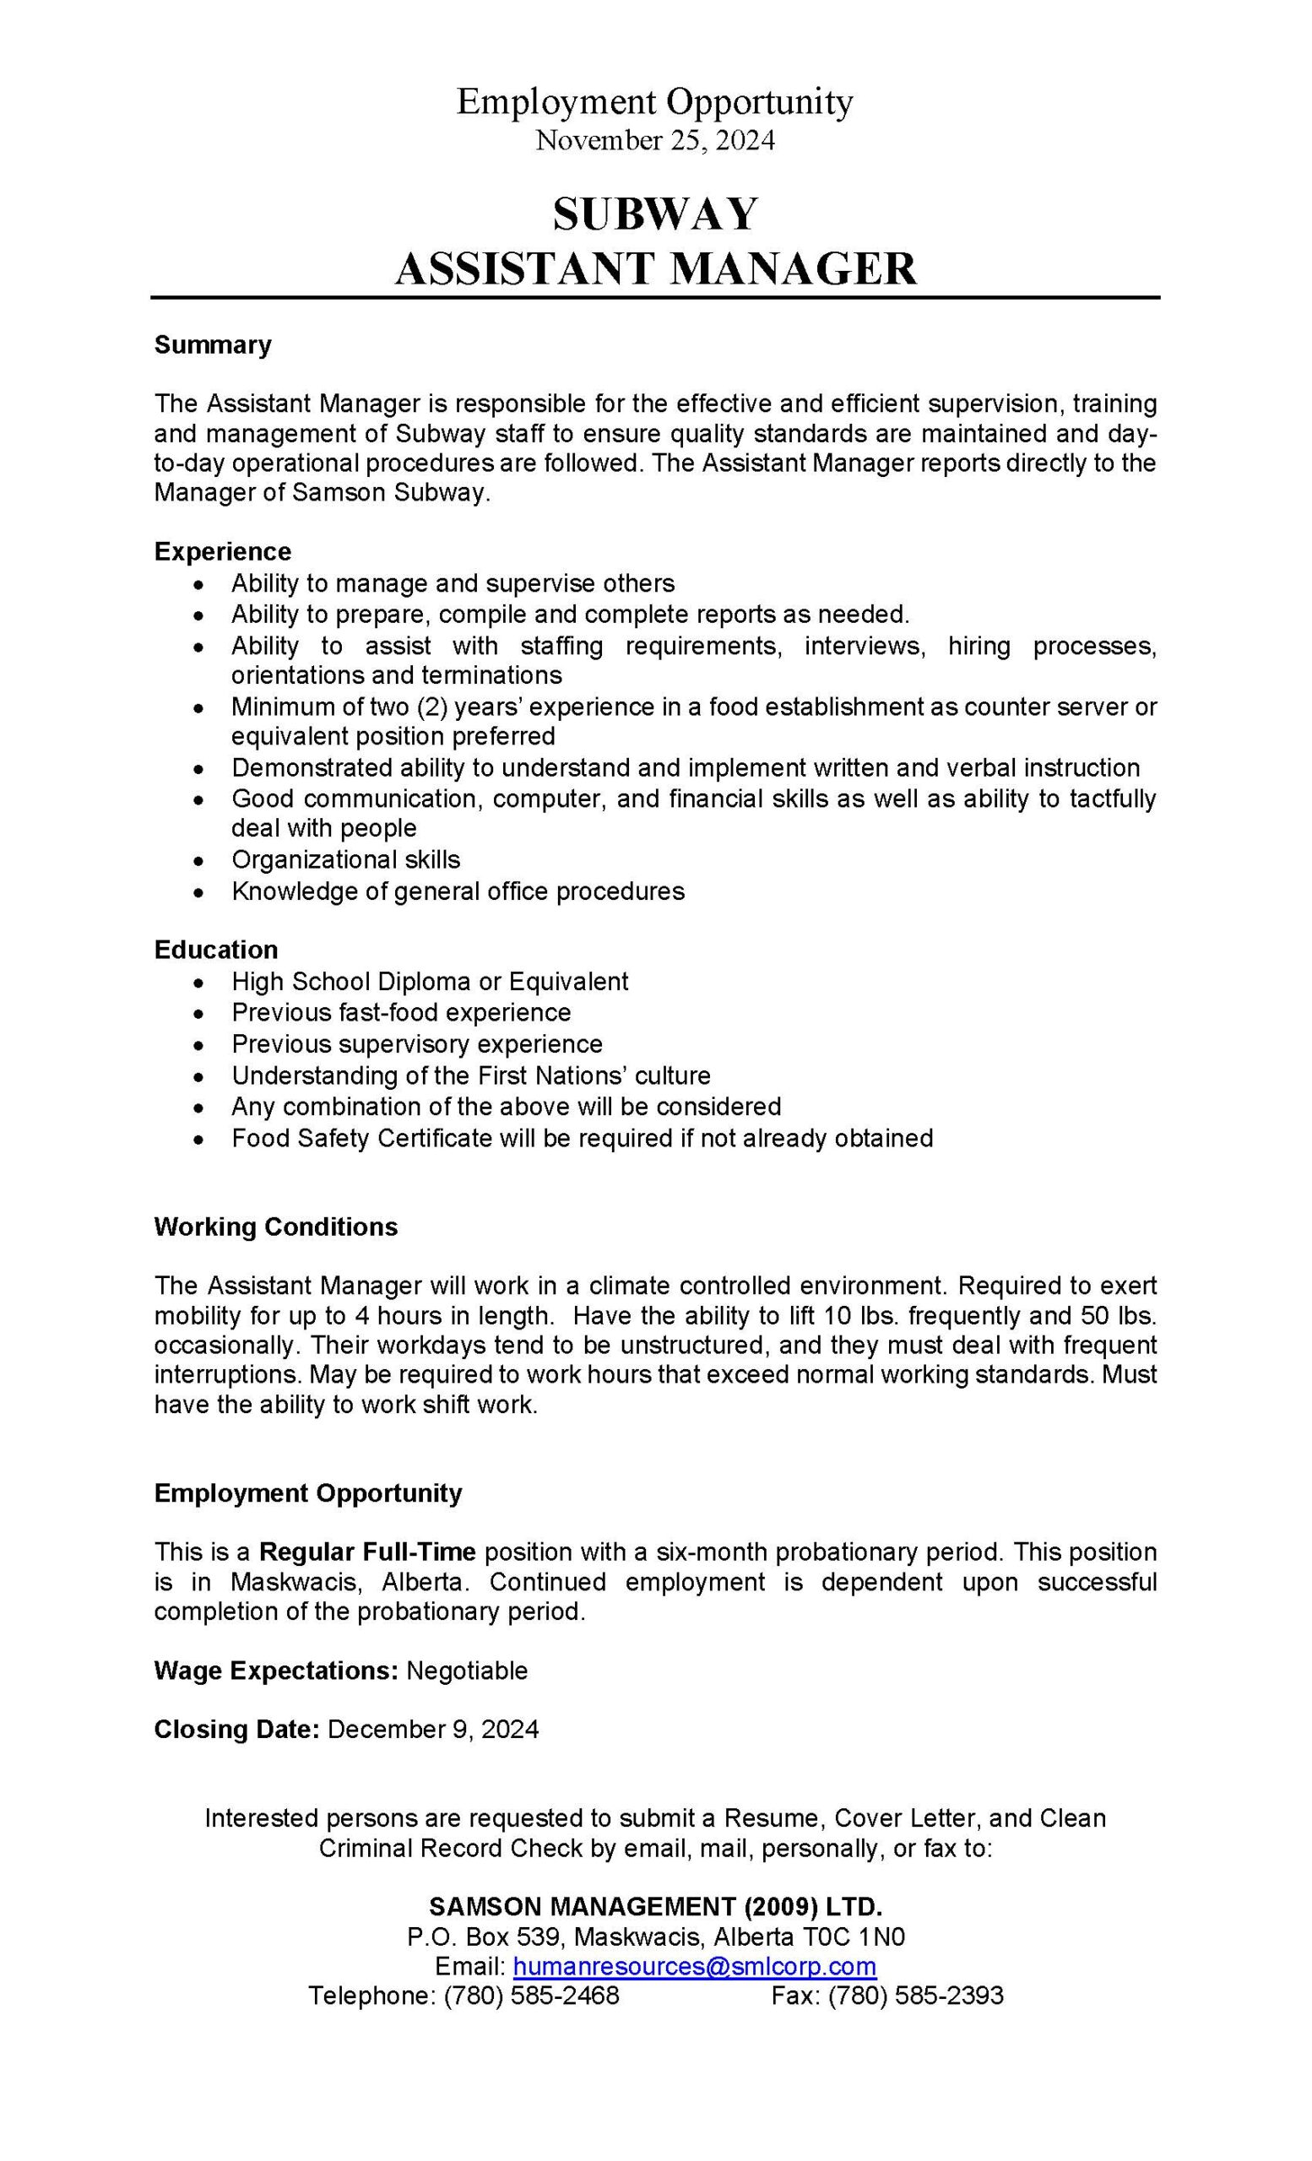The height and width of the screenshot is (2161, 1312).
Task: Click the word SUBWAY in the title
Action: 654,215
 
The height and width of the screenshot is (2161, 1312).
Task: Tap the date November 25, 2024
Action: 655,140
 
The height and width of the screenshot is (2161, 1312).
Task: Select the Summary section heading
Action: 212,344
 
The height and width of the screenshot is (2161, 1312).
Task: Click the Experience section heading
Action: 222,552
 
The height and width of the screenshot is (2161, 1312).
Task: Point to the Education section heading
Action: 216,950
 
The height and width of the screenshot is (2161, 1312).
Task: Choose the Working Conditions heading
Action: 275,1227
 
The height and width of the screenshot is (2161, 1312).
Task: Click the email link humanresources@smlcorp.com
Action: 694,1966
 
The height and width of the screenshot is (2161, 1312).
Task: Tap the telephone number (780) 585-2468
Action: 531,1996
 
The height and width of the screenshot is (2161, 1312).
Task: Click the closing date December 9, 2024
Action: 432,1730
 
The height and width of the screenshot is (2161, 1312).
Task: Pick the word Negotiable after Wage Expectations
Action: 467,1671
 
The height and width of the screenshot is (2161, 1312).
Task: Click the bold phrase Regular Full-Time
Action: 367,1552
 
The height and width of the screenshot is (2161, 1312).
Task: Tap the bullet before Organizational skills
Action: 200,860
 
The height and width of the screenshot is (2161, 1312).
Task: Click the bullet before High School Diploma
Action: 200,982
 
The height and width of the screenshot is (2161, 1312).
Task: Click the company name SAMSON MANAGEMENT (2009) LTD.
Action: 655,1907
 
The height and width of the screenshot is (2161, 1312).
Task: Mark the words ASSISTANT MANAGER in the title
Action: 655,269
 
